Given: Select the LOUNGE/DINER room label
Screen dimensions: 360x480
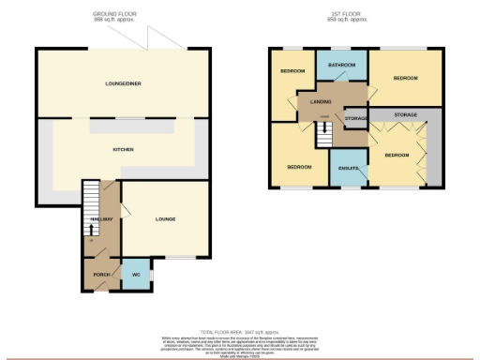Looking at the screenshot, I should [122, 83].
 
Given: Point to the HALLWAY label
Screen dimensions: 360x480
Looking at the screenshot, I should [101, 220].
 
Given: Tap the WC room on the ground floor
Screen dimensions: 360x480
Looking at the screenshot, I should [135, 274].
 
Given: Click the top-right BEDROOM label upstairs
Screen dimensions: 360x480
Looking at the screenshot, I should [405, 78].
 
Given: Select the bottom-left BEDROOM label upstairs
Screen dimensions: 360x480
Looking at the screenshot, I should [299, 167].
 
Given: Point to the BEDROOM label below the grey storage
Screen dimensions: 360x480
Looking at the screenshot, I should [397, 155].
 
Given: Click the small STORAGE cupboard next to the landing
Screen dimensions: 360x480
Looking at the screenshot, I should [354, 119].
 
